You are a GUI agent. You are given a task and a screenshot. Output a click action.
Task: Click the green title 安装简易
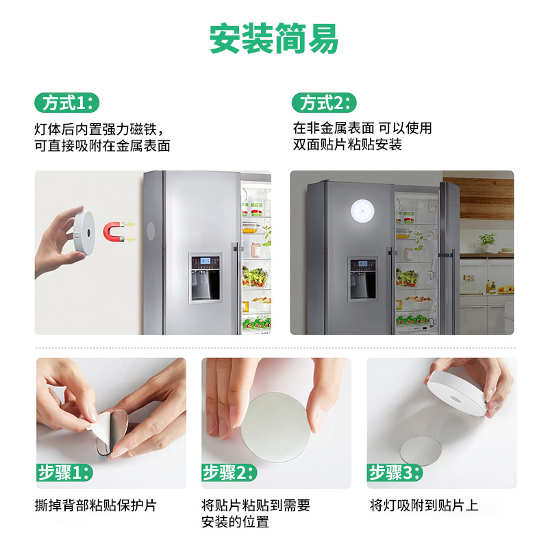(274, 40)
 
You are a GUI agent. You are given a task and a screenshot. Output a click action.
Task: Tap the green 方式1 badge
(66, 103)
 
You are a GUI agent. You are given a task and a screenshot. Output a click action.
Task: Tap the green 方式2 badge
(325, 103)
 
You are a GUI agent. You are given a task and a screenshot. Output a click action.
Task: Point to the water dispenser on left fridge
(205, 277)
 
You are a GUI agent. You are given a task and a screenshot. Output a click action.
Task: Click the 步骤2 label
(229, 472)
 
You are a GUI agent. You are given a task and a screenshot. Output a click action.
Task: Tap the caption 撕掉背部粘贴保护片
(96, 506)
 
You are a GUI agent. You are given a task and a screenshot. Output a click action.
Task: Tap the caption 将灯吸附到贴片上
(424, 506)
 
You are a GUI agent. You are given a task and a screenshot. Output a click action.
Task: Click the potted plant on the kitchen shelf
(488, 241)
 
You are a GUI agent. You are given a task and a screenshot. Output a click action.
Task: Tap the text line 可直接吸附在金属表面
(102, 145)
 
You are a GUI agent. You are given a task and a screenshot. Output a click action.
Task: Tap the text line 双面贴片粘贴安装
(347, 145)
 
